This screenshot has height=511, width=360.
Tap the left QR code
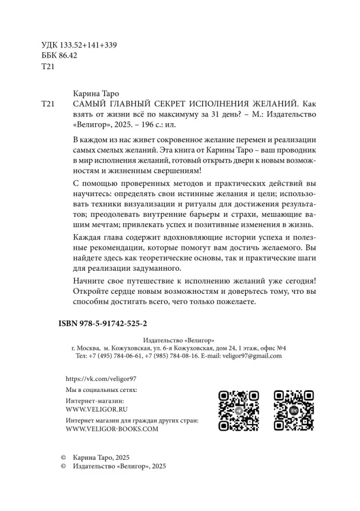click(238, 411)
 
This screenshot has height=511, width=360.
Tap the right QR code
click(294, 411)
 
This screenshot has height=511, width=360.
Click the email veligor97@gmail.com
click(252, 357)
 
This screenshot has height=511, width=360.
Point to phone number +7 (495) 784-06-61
click(115, 357)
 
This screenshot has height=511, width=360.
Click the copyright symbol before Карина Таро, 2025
click(64, 456)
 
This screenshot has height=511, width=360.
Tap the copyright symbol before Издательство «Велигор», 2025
click(64, 466)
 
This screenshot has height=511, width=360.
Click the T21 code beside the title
click(46, 104)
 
